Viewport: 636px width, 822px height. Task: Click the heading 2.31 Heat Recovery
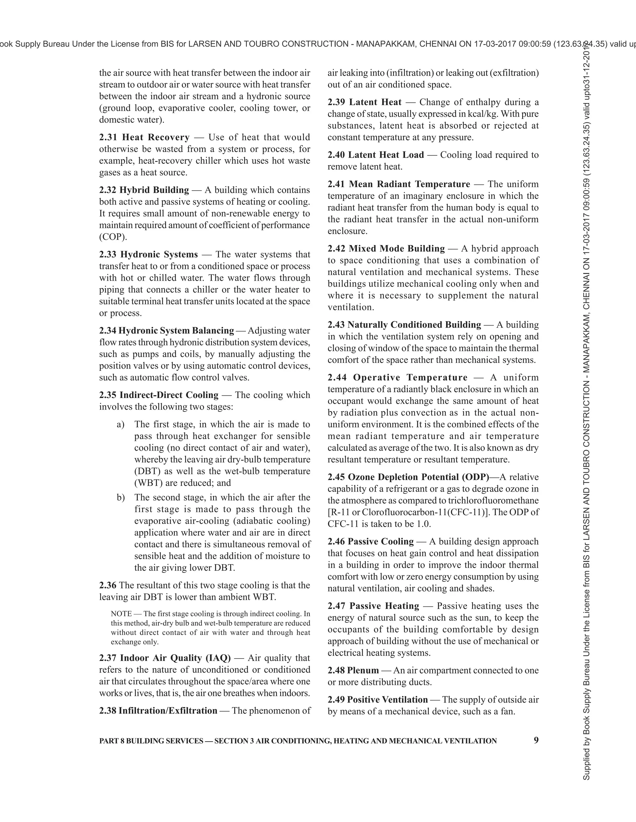click(x=144, y=137)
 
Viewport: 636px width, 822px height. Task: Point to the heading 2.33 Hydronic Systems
click(x=148, y=254)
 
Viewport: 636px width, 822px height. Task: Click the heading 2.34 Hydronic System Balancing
click(x=166, y=330)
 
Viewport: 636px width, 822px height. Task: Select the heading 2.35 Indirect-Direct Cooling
click(x=159, y=395)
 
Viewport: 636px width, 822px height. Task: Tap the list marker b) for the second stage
click(x=120, y=498)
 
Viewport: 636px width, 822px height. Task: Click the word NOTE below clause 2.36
click(x=121, y=614)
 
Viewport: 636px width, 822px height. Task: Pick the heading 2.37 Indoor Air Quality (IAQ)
click(x=165, y=658)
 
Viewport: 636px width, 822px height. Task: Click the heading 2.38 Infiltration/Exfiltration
click(x=158, y=711)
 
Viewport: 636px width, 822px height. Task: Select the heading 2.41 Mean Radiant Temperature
click(x=399, y=184)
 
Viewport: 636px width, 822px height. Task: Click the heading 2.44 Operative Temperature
click(x=397, y=377)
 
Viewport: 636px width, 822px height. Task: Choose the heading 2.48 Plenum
click(x=353, y=670)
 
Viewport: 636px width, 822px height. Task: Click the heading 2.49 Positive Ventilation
click(x=378, y=700)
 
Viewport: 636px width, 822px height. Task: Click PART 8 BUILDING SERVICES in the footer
click(x=151, y=741)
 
